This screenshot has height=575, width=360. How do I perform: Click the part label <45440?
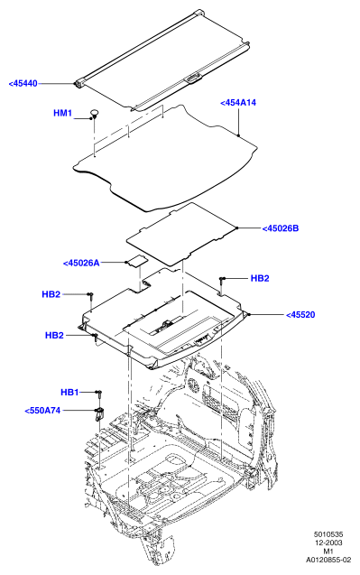tap(23, 84)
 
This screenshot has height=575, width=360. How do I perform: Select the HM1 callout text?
tap(62, 113)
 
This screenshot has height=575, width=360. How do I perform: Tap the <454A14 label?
tap(238, 103)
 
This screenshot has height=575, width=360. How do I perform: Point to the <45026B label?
tap(281, 228)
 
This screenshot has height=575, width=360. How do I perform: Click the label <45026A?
tap(81, 263)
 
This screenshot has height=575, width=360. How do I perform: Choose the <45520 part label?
tap(300, 315)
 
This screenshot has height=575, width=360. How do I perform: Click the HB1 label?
tap(69, 393)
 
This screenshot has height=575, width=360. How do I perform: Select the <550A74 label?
tap(42, 411)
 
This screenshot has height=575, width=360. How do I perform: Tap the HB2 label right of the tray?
tap(260, 278)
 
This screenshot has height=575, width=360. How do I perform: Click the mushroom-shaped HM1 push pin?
tap(94, 114)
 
